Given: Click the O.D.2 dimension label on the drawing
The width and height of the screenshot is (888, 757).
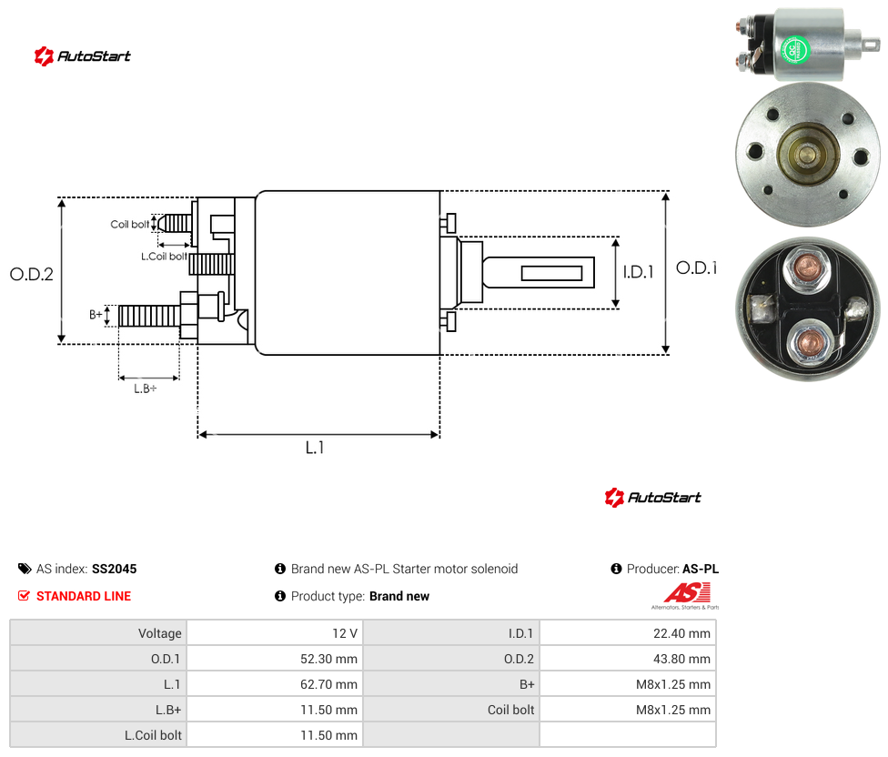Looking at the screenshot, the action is [32, 274].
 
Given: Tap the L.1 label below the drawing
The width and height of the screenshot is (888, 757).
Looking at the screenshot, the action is [315, 448].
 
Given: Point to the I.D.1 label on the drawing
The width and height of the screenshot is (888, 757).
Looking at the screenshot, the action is [639, 272].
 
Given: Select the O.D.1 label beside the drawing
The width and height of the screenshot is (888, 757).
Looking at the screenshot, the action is [696, 267].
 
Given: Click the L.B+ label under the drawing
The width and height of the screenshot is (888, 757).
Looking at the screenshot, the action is [145, 389].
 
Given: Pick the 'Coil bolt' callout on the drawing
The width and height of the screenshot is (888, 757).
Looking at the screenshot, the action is [130, 224].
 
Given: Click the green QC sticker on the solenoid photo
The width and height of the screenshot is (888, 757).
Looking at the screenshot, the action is [795, 50].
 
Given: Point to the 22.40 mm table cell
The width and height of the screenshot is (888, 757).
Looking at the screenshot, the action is [628, 633].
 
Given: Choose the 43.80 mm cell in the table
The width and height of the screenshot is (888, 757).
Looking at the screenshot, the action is [628, 659].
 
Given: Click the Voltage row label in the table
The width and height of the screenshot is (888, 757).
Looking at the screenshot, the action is [160, 633].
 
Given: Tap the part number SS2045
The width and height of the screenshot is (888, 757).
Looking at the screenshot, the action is [115, 569].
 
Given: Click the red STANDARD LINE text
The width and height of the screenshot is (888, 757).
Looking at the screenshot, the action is [84, 596].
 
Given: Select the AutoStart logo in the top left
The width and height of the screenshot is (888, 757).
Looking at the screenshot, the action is [82, 56].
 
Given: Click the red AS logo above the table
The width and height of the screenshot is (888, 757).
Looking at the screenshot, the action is [687, 593].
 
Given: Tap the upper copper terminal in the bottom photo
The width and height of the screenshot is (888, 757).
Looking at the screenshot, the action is [806, 266].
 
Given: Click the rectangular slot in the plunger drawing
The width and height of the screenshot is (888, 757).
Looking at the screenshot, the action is [551, 274].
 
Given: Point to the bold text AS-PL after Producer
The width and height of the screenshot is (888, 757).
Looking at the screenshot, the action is [701, 569].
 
